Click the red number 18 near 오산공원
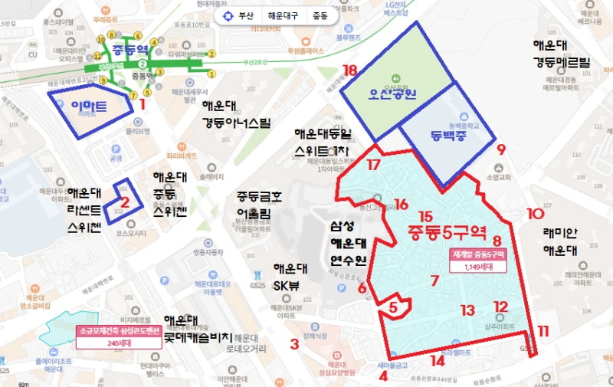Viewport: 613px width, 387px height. click(350, 71)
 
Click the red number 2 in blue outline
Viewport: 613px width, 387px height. click(125, 203)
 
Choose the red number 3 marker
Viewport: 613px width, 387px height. click(294, 344)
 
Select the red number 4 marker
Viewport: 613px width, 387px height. click(383, 376)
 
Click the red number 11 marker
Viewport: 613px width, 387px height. click(543, 331)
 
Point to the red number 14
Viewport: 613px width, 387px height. click(438, 360)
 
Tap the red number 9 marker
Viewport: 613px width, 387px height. click(501, 149)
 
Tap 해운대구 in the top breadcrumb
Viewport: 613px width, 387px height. click(285, 15)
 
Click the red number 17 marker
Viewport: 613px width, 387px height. click(374, 164)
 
